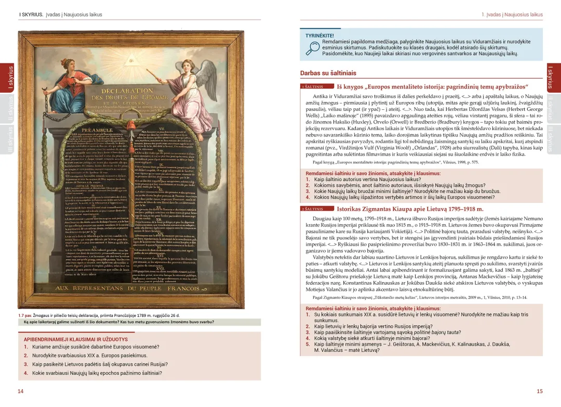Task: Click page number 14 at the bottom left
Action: (x=21, y=391)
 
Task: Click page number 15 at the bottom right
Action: (x=540, y=391)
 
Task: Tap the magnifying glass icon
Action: (x=312, y=47)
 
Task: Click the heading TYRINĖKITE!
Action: (x=319, y=35)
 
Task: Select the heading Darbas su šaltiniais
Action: (x=328, y=73)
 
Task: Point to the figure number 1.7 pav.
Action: (x=25, y=315)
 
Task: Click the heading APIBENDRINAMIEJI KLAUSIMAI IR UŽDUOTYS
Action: (x=76, y=339)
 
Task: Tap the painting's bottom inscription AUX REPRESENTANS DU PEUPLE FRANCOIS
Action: (x=127, y=288)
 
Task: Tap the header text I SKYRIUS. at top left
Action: (x=31, y=15)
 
